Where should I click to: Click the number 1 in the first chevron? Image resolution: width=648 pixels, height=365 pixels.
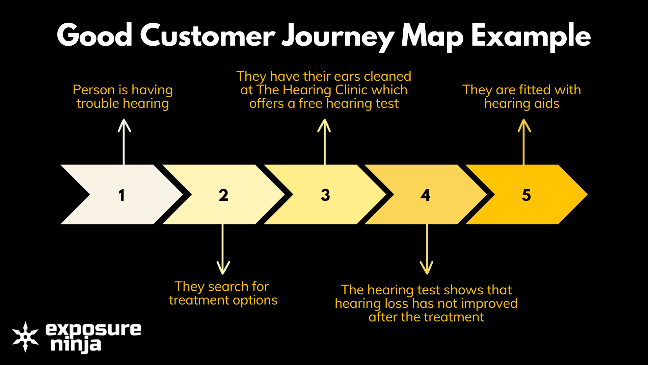click(x=122, y=195)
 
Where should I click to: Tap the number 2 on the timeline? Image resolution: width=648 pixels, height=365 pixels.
click(x=223, y=195)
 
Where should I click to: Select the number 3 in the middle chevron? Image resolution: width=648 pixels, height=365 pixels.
click(x=325, y=195)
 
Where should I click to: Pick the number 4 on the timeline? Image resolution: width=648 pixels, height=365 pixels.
click(x=426, y=195)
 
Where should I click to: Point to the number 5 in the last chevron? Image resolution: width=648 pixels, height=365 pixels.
click(x=526, y=195)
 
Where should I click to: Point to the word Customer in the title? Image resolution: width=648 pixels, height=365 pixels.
click(x=208, y=35)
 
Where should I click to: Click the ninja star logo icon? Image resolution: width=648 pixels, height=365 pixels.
click(x=25, y=337)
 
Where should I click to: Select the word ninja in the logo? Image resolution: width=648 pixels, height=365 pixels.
click(x=76, y=345)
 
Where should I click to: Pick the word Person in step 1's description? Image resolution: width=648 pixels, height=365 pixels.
click(x=94, y=90)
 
